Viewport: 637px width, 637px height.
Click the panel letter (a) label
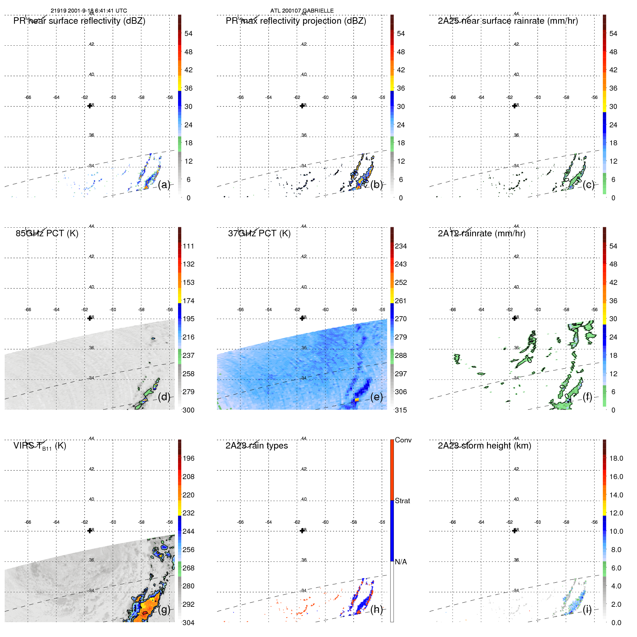point(164,185)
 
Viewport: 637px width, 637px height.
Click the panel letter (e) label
point(376,397)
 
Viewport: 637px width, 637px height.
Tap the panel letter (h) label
point(376,609)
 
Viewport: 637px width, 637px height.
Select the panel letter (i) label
point(587,609)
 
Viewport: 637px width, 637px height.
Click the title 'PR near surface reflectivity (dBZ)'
point(79,21)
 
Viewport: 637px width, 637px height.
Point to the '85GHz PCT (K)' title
point(47,233)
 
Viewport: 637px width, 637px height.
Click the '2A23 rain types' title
point(256,446)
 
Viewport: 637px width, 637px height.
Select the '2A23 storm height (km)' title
point(484,446)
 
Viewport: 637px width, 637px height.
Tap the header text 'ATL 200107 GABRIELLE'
point(302,11)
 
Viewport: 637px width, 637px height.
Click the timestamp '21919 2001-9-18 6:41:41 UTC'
point(88,11)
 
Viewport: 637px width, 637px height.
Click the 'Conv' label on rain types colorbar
point(403,440)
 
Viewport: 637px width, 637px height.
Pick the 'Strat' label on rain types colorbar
point(402,501)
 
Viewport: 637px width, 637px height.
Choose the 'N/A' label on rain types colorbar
point(401,562)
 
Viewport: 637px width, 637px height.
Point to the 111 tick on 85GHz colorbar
point(188,246)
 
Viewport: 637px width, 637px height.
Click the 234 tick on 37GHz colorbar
point(401,246)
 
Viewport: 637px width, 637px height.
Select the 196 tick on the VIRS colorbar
point(188,459)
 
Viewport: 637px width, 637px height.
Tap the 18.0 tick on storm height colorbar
point(616,459)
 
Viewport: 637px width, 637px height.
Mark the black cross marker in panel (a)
point(90,106)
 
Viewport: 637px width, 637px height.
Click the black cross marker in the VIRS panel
point(90,531)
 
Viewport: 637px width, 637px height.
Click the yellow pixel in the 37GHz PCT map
point(357,400)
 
